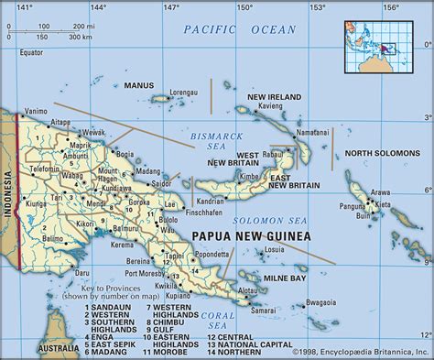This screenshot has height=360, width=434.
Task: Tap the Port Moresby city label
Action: coord(146,274)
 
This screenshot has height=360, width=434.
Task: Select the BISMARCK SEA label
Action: coord(212,141)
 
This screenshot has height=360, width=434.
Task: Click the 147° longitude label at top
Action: coord(170,7)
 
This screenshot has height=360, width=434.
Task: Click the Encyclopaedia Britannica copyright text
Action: coord(359,351)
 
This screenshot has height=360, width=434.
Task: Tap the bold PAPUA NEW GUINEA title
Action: coord(251,236)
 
